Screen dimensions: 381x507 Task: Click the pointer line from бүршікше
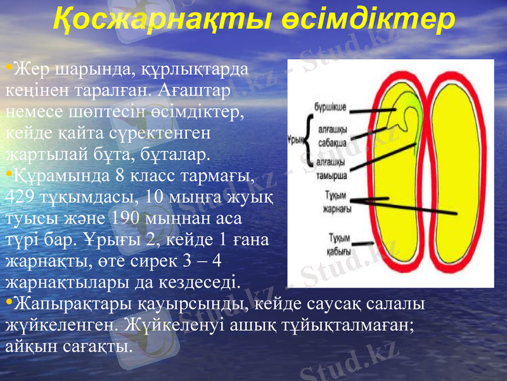pos(377,109)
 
